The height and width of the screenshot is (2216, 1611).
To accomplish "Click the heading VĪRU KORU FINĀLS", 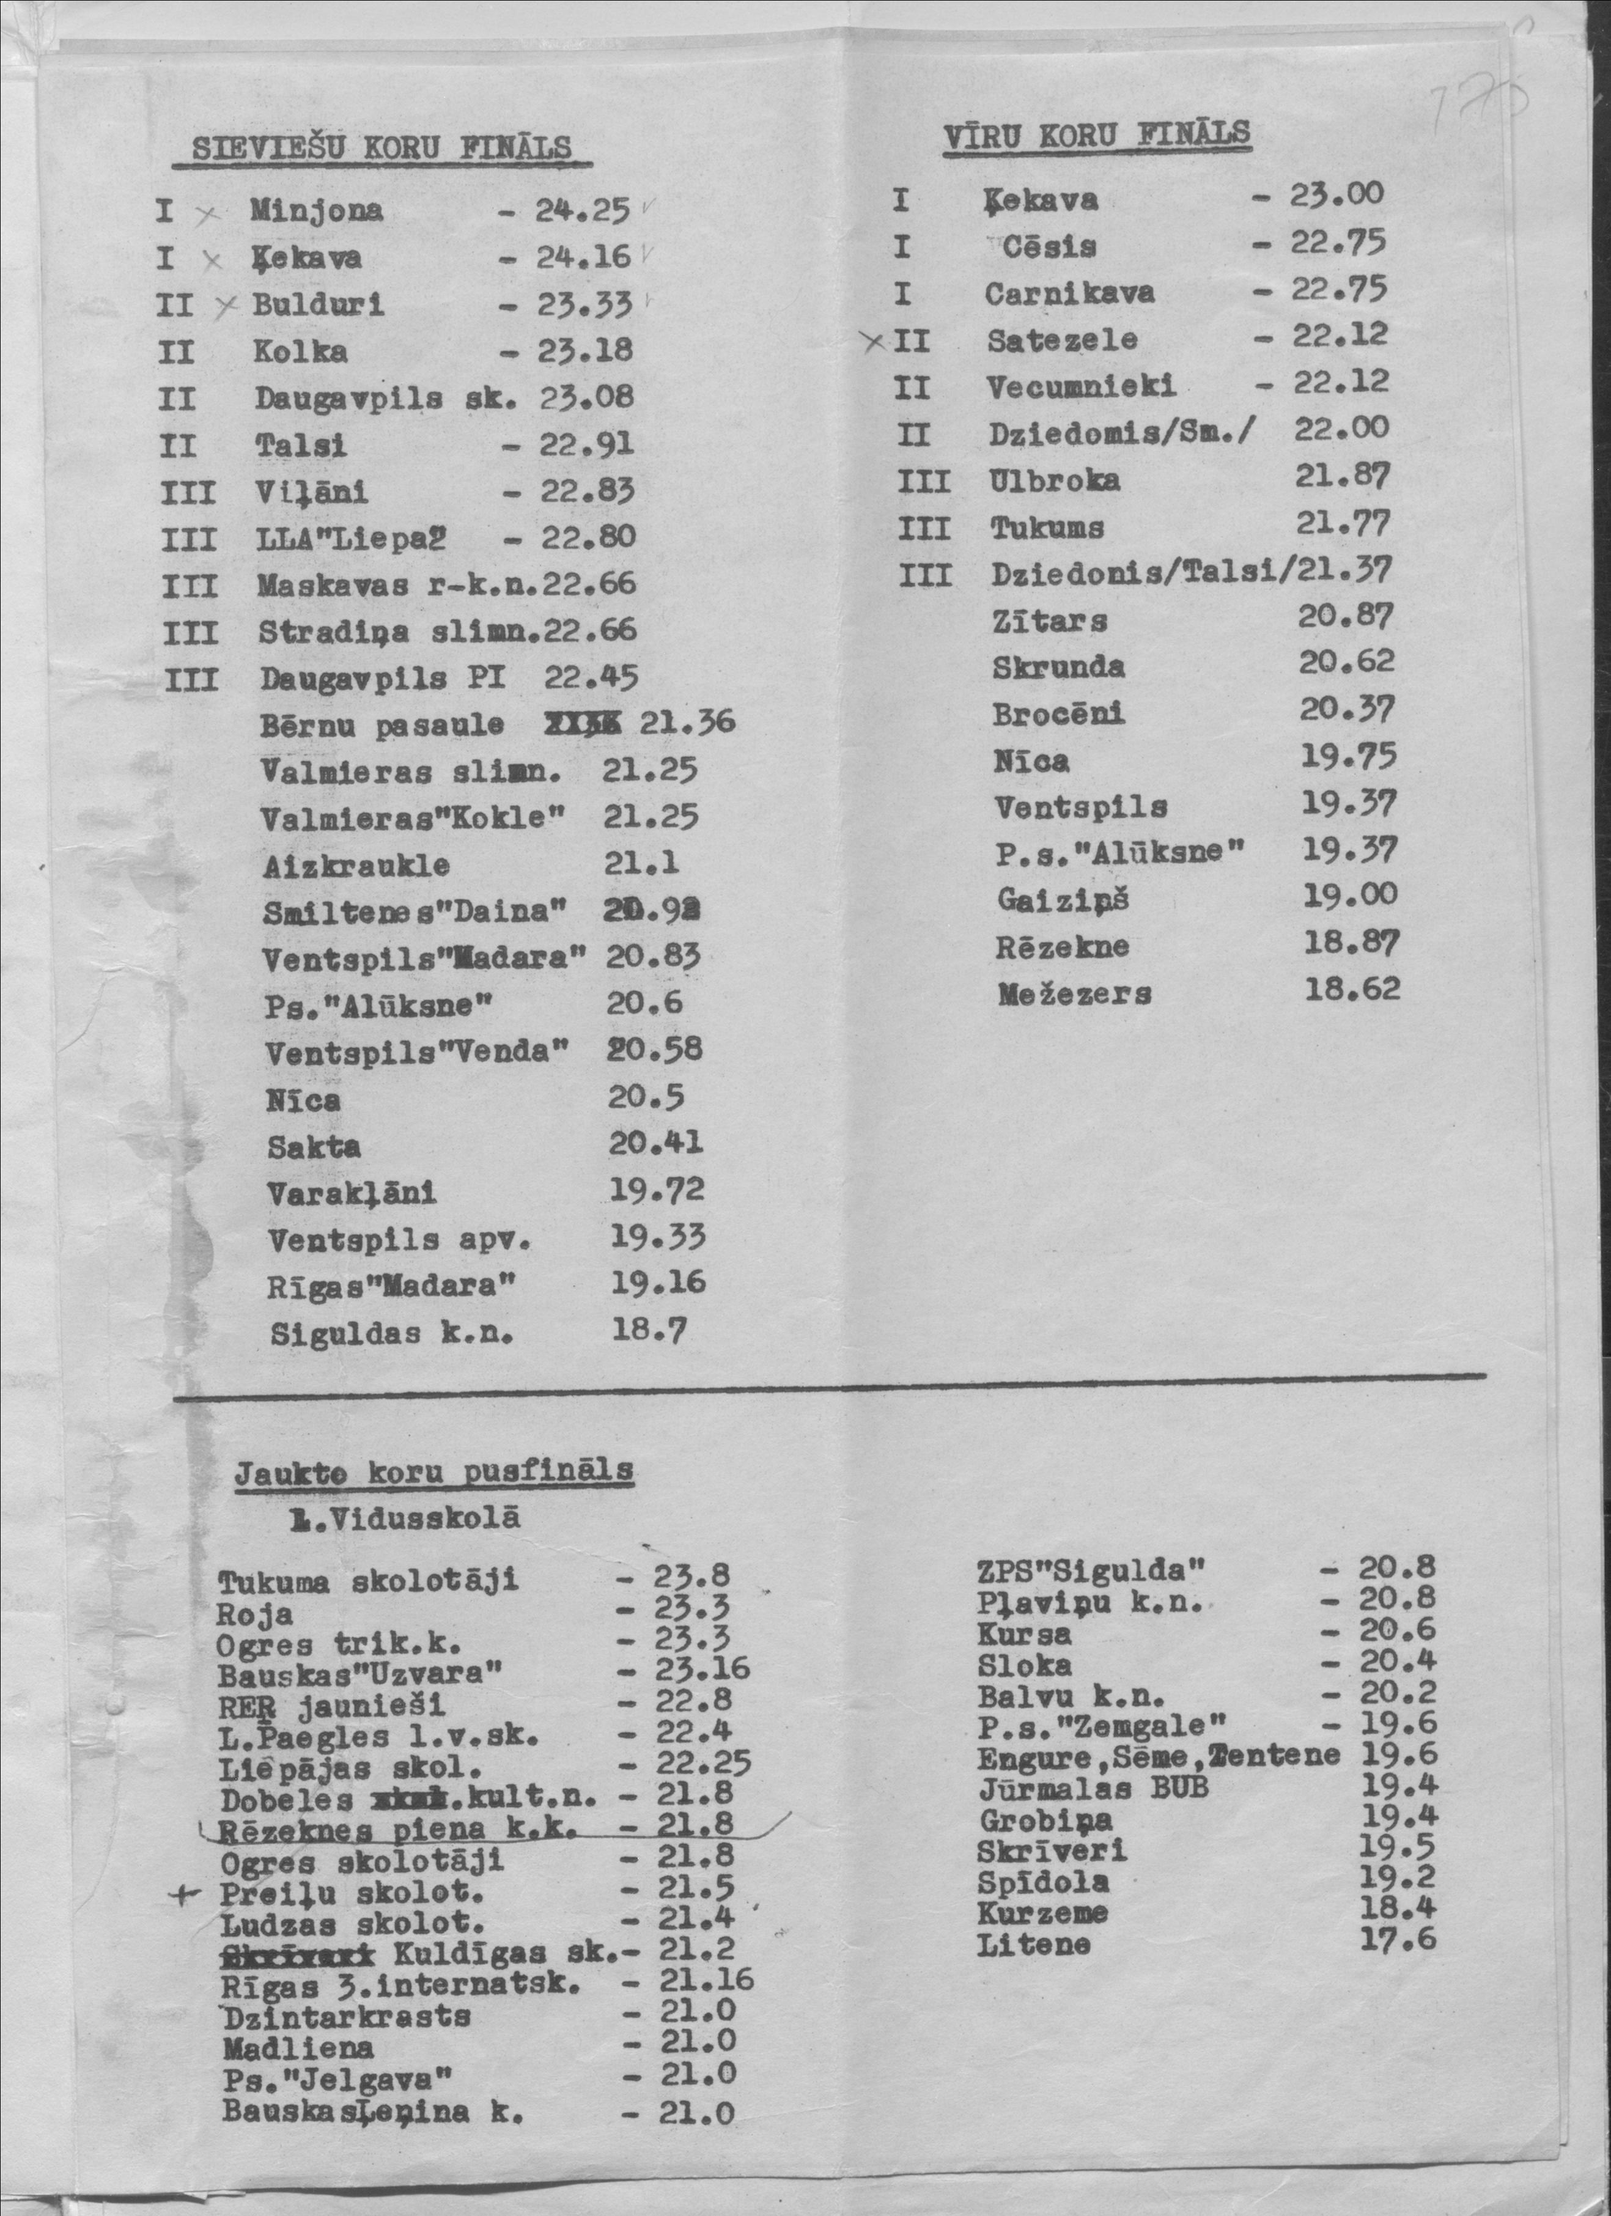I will (x=1097, y=135).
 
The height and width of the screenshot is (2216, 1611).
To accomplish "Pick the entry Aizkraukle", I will (x=356, y=865).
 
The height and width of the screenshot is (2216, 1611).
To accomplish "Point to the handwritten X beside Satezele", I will (x=876, y=341).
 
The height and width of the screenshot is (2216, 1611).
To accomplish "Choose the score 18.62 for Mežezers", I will (x=1352, y=990).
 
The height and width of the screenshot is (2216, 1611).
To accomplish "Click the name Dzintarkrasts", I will (x=347, y=2015).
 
